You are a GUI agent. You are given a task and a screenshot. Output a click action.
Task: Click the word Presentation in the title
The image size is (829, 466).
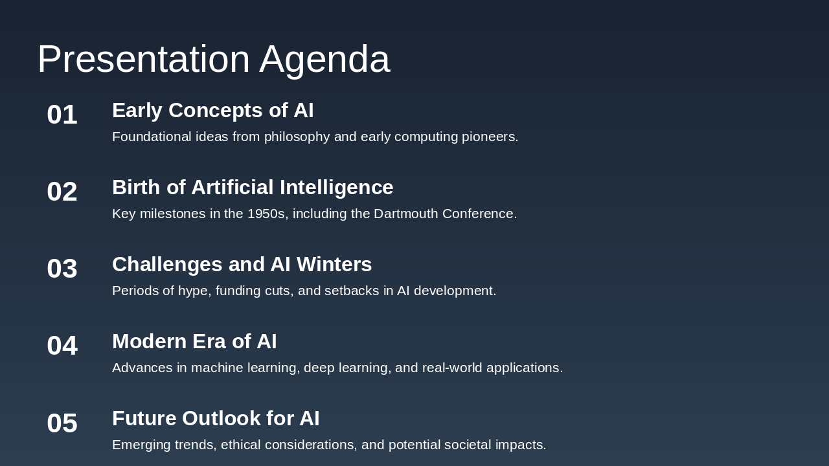(x=144, y=59)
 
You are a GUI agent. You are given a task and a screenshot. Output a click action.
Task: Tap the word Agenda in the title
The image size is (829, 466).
(x=324, y=61)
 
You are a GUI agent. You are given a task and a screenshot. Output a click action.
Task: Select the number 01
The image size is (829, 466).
(x=62, y=115)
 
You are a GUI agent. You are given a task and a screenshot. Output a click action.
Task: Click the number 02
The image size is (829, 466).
(x=62, y=192)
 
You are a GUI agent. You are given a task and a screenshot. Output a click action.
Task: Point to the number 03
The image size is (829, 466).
(x=62, y=269)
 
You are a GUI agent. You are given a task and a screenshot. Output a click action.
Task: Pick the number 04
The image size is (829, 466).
(x=62, y=346)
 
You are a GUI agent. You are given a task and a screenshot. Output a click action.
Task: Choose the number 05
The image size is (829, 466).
(x=62, y=423)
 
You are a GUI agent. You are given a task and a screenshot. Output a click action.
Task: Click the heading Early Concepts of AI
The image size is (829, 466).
(x=213, y=111)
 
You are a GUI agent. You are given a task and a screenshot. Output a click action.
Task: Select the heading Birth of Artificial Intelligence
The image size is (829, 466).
(x=253, y=188)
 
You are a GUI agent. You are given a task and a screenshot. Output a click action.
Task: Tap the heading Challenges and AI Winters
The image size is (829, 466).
(x=242, y=265)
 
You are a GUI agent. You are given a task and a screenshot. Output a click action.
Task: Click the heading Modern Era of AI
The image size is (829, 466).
(x=194, y=341)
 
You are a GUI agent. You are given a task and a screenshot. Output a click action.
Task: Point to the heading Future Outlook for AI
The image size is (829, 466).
(x=216, y=418)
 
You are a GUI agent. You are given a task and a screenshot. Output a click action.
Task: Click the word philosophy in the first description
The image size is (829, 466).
(x=297, y=137)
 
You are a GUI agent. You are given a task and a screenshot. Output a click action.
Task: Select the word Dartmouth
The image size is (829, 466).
(x=406, y=214)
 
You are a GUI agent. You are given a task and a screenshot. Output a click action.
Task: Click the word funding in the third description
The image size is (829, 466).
(x=238, y=291)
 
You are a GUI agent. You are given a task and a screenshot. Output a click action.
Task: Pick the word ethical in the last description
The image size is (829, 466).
(x=240, y=445)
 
